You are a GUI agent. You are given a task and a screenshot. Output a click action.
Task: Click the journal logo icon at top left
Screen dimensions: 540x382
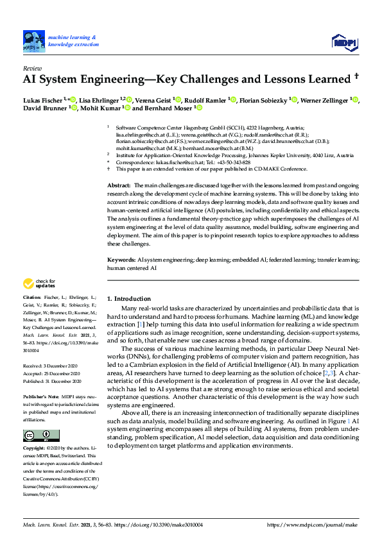point(32,41)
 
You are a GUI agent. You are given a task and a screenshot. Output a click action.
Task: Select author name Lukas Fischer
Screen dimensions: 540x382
point(43,100)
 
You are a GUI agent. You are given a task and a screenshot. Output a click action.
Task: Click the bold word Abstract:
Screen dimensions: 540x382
point(118,185)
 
